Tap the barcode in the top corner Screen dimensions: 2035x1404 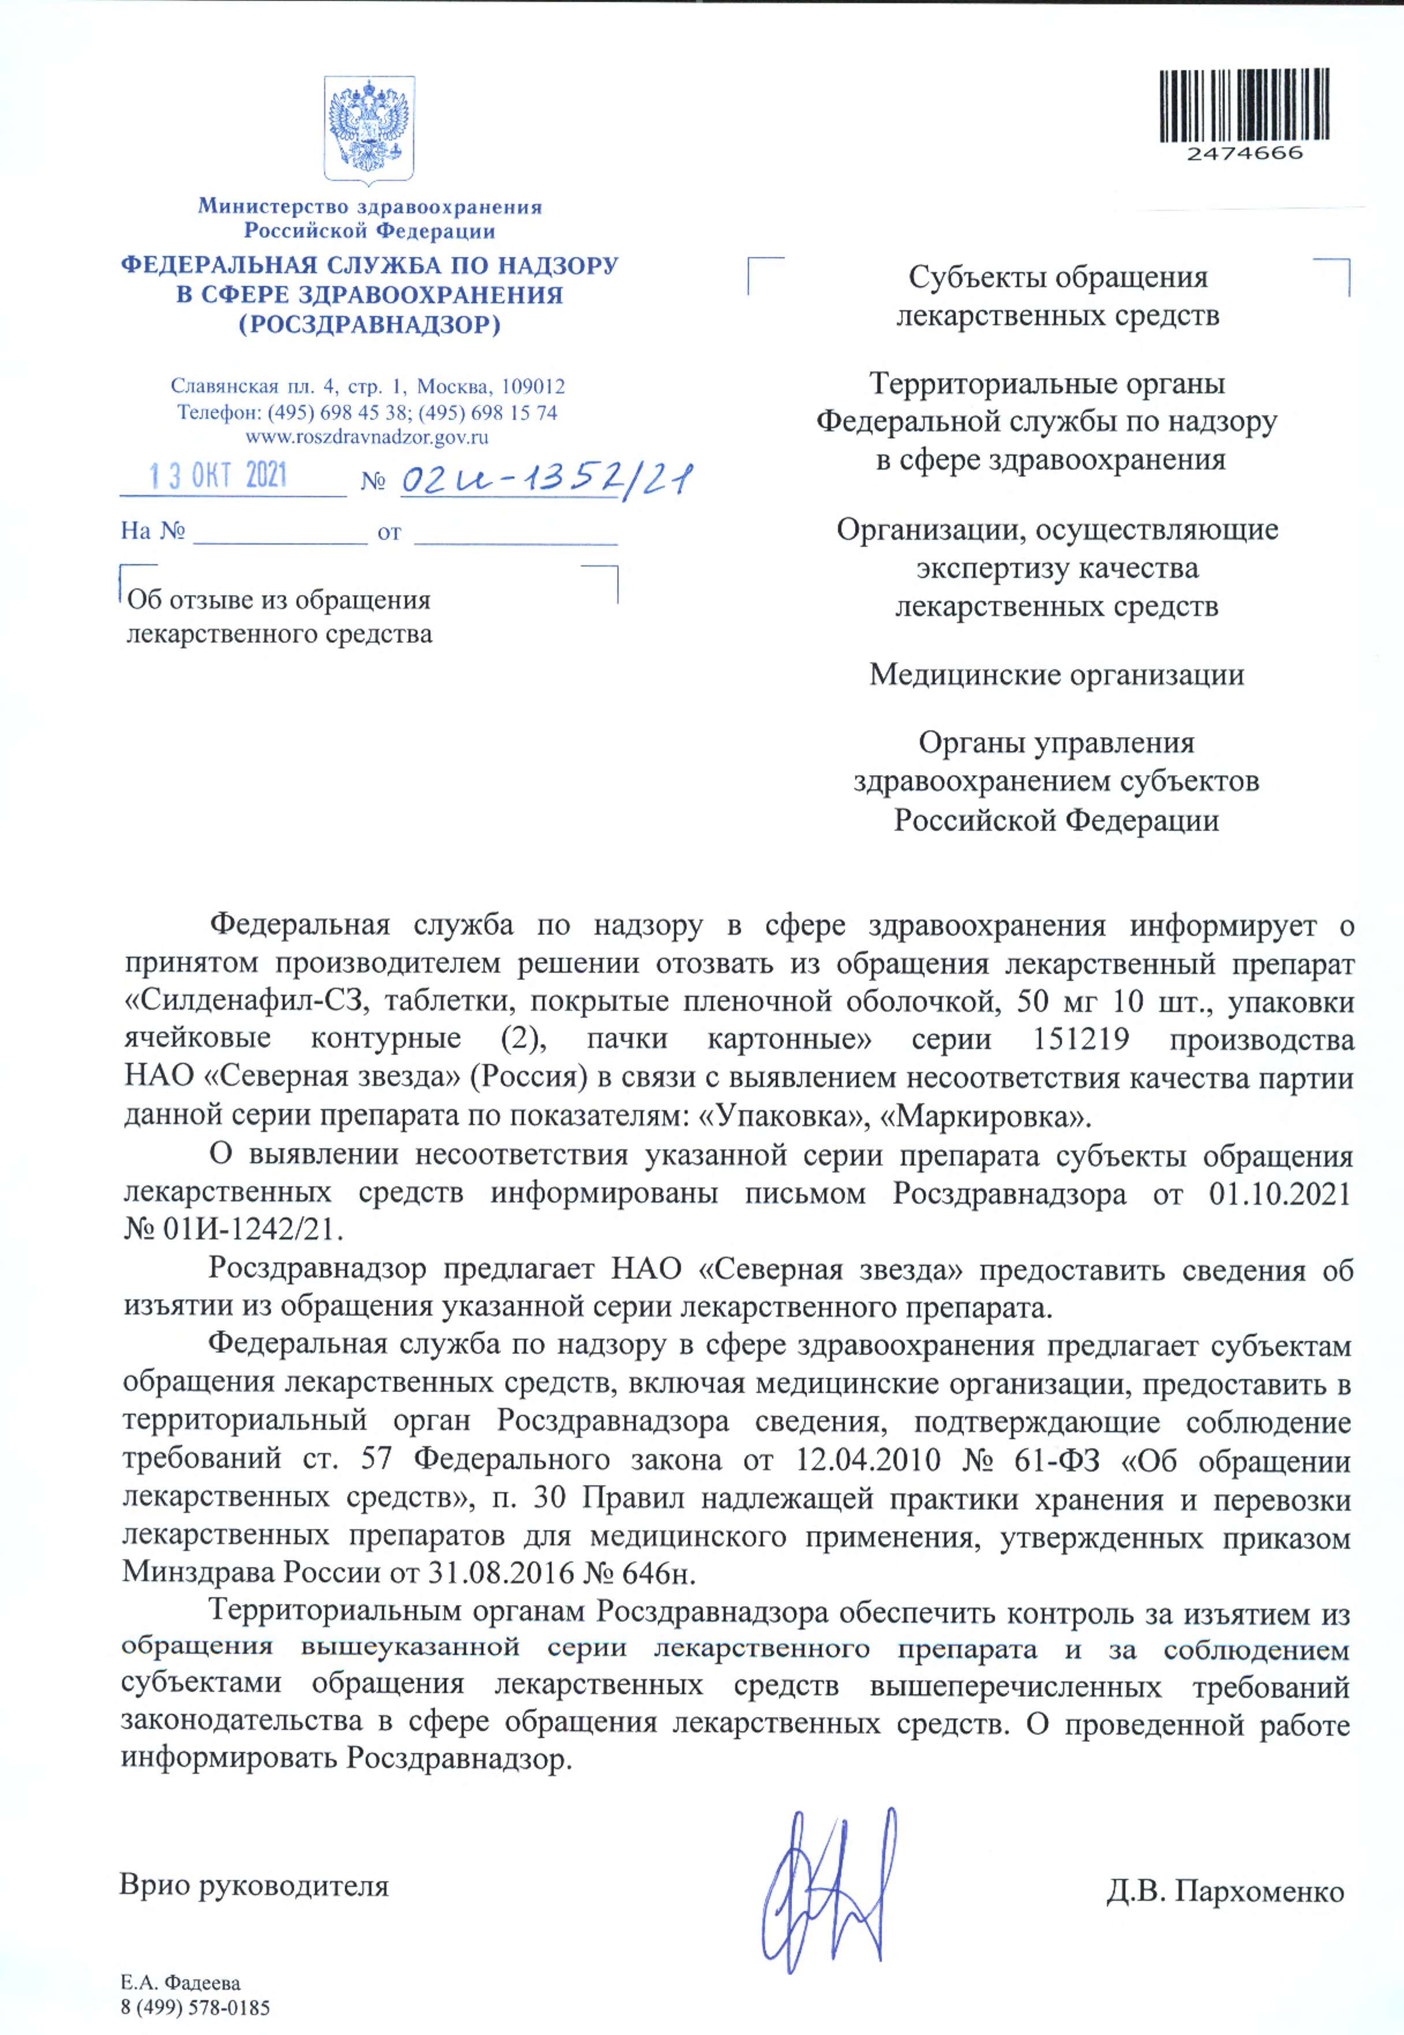[x=1243, y=106]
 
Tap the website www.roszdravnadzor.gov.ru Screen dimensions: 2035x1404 [x=368, y=436]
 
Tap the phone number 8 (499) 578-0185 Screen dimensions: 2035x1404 [x=195, y=2008]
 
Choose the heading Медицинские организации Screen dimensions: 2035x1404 [x=1056, y=675]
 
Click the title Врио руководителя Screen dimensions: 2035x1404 [x=254, y=1886]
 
